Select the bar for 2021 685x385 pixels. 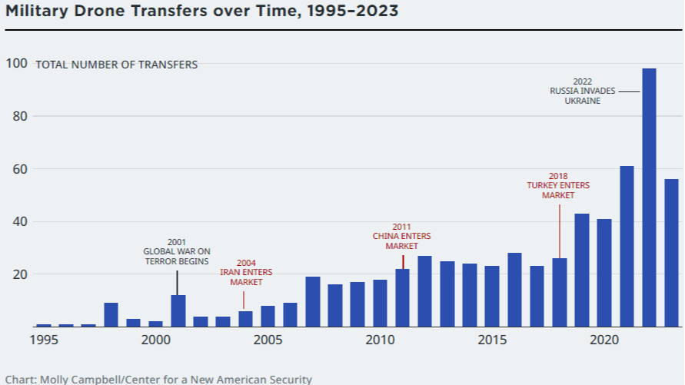point(627,246)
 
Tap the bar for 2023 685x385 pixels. point(671,253)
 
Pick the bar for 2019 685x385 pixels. point(582,270)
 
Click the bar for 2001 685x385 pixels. point(178,310)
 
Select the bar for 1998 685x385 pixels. point(111,314)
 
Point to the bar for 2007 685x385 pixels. point(313,301)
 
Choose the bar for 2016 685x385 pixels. point(514,290)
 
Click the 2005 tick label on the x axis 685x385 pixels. point(268,340)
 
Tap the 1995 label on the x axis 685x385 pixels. point(44,340)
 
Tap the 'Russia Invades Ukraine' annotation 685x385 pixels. point(582,91)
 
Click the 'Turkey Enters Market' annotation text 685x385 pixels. point(558,186)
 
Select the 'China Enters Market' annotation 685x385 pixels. point(401,236)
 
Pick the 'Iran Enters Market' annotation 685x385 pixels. point(246,272)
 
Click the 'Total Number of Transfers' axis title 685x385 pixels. point(116,65)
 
